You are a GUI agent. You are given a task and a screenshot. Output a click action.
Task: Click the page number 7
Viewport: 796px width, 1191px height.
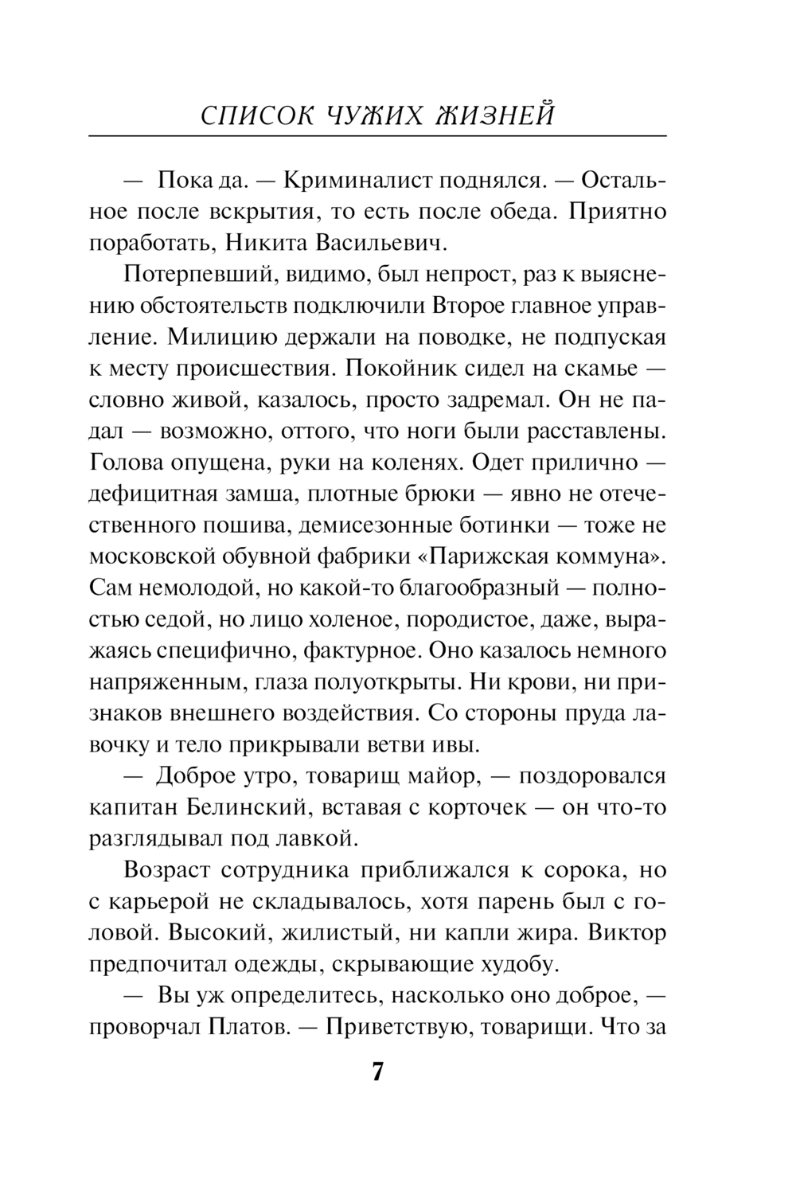click(x=377, y=1071)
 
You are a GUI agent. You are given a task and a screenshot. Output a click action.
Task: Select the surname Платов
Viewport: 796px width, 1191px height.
click(x=247, y=1027)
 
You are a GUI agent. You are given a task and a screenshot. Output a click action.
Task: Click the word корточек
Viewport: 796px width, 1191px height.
click(x=477, y=807)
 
